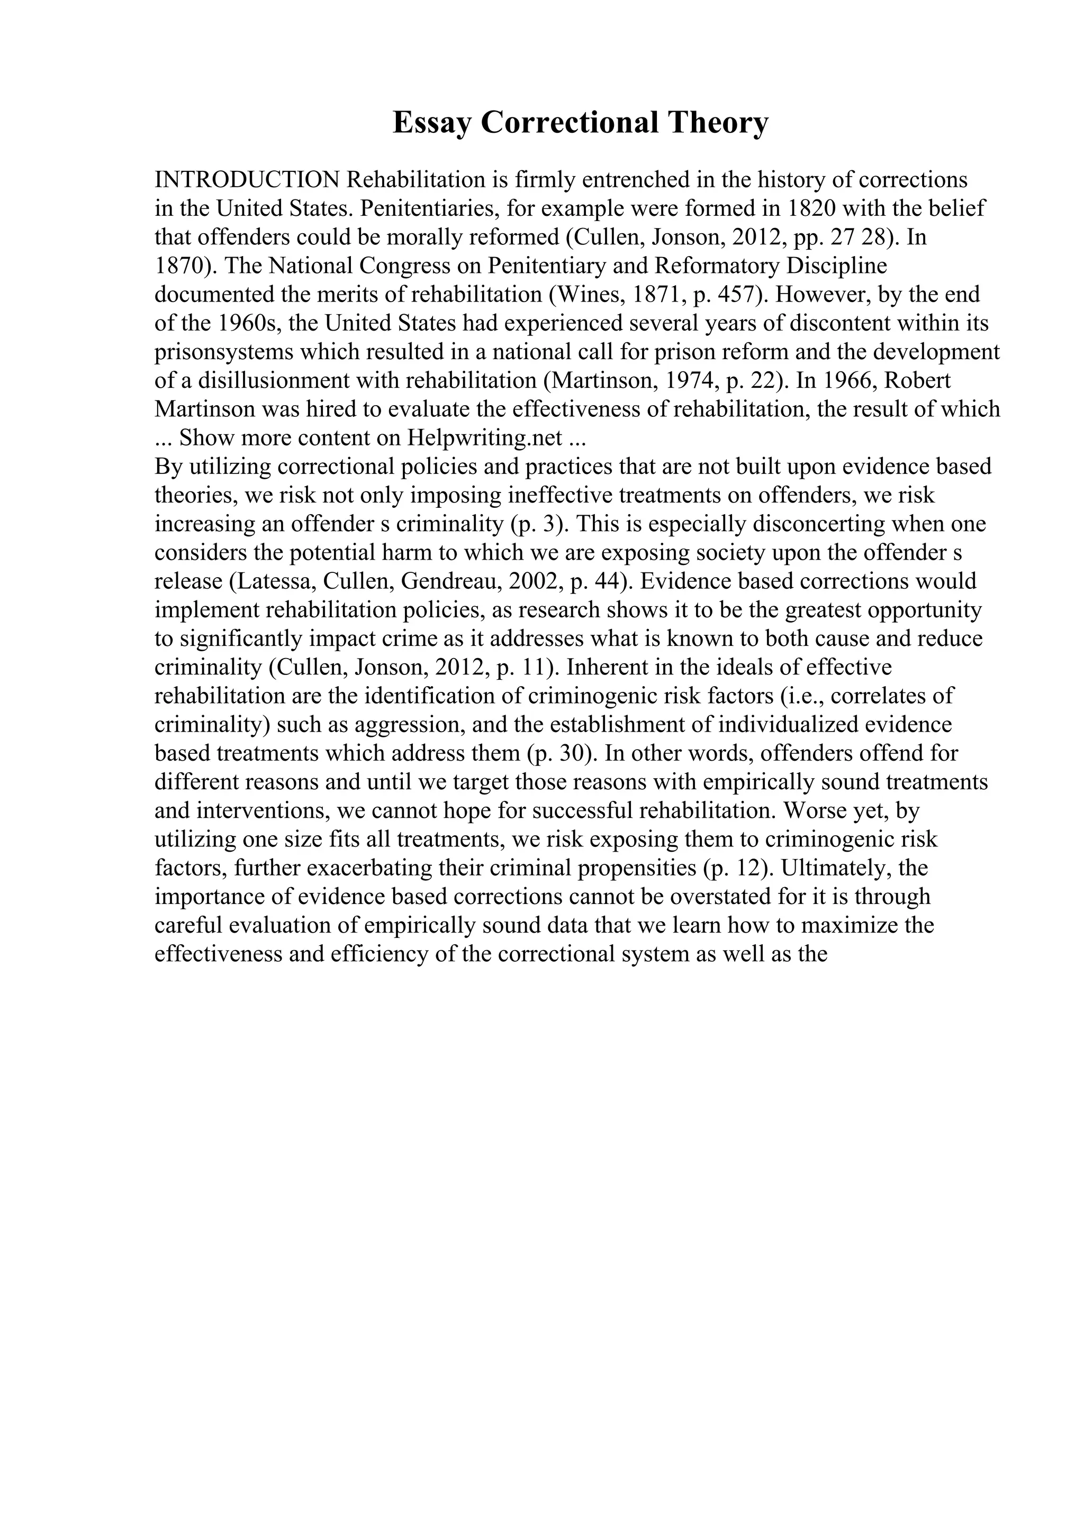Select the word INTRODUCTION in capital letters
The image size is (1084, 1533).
click(248, 180)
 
